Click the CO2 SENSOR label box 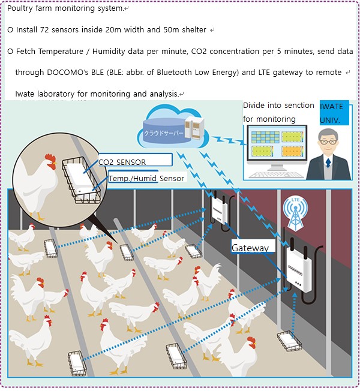135,160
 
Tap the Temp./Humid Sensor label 146,178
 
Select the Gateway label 253,246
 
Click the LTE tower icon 295,213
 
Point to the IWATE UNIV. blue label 334,113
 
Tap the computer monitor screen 277,144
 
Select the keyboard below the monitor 277,175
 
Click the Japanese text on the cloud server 163,133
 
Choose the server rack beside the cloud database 194,128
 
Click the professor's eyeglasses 328,142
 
